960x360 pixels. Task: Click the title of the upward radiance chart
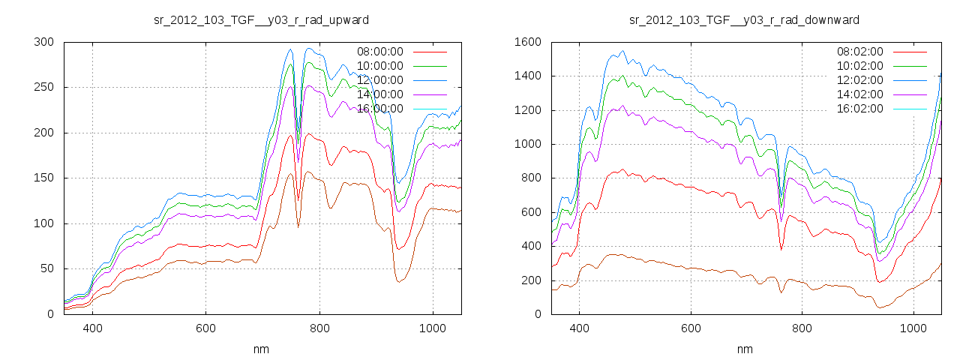pyautogui.click(x=261, y=19)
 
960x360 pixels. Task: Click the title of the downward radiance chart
pyautogui.click(x=744, y=19)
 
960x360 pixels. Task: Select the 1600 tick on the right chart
pyautogui.click(x=527, y=42)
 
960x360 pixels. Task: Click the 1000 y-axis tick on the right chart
pyautogui.click(x=527, y=144)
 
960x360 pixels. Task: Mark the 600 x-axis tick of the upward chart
pyautogui.click(x=205, y=328)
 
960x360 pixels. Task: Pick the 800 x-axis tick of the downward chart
pyautogui.click(x=802, y=328)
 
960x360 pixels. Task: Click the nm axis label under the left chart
pyautogui.click(x=261, y=349)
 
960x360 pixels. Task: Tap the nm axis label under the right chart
pyautogui.click(x=744, y=349)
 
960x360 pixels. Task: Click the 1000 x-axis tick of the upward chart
pyautogui.click(x=432, y=328)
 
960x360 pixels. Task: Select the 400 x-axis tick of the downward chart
pyautogui.click(x=579, y=328)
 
